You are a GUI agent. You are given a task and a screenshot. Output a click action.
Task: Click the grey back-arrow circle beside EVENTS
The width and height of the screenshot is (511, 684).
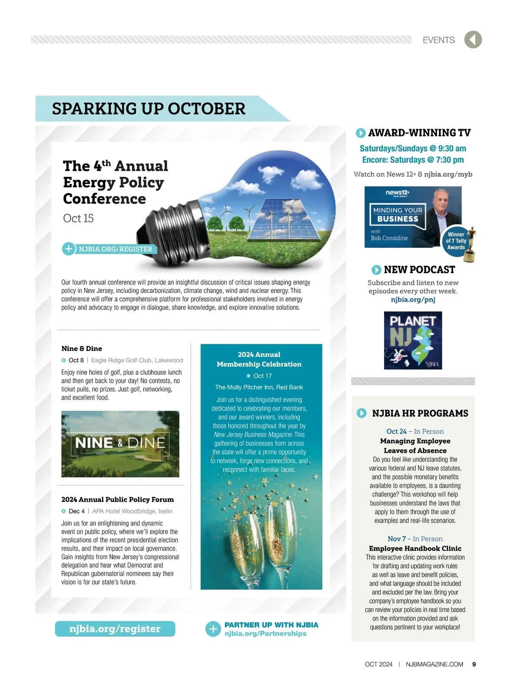[473, 40]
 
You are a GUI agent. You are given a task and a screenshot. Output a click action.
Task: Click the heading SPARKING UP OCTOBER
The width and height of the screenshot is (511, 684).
[149, 109]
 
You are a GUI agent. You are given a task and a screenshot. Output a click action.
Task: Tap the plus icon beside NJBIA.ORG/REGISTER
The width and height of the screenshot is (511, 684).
[68, 249]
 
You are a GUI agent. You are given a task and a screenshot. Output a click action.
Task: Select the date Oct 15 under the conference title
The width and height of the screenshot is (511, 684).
[78, 218]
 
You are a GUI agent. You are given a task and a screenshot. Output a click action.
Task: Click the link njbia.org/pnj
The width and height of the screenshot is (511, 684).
[413, 299]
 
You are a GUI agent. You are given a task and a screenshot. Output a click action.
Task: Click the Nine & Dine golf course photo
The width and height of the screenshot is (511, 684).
[120, 444]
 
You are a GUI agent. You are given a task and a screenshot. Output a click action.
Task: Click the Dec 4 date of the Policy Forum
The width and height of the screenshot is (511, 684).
[76, 511]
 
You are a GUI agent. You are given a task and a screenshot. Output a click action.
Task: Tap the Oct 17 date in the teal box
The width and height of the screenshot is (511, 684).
[262, 376]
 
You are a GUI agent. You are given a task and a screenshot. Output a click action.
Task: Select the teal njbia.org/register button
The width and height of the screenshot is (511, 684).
[115, 629]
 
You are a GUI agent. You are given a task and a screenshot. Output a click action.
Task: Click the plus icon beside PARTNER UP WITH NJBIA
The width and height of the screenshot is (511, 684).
[213, 629]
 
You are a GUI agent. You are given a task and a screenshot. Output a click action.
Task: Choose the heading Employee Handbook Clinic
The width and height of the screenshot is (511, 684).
[415, 549]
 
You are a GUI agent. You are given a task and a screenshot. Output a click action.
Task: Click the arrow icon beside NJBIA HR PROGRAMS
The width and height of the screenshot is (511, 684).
[362, 413]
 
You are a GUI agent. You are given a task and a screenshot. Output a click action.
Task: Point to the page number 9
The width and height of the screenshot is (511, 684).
[474, 664]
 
